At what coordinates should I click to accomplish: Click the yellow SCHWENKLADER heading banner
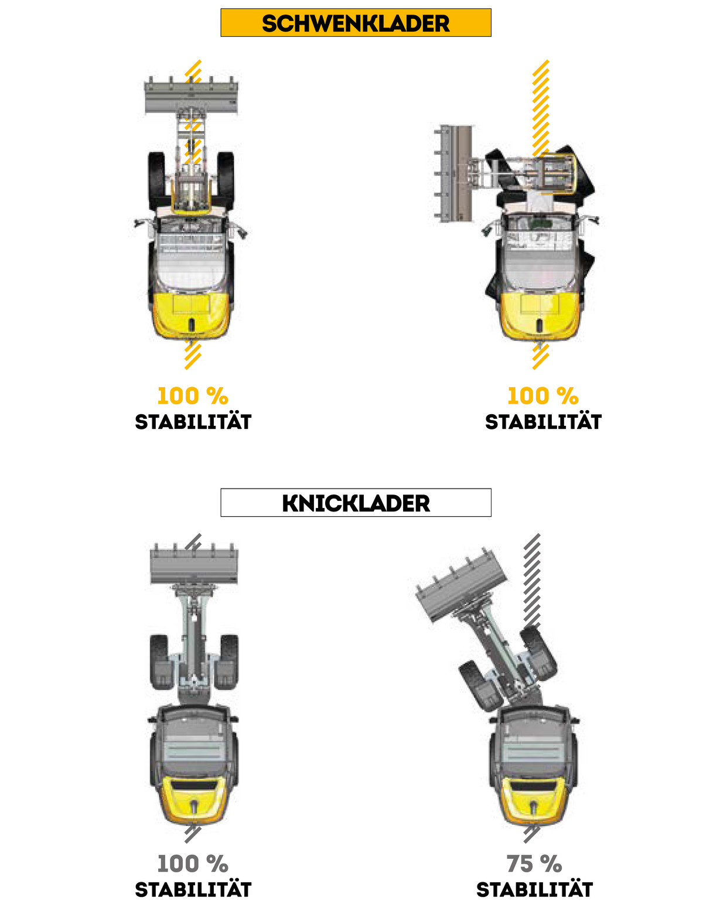[356, 23]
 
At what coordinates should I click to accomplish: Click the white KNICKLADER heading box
[356, 502]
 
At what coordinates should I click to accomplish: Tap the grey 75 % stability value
[534, 864]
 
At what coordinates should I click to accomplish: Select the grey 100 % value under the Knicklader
[192, 864]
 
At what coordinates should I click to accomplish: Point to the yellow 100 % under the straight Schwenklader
[192, 396]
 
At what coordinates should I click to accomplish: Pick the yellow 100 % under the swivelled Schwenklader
[542, 396]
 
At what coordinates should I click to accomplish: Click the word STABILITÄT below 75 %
[534, 889]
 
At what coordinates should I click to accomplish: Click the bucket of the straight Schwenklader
[191, 96]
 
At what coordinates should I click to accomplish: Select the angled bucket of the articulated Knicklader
[461, 586]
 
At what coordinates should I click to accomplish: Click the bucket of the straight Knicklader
[194, 564]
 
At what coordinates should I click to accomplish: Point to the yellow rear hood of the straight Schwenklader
[191, 315]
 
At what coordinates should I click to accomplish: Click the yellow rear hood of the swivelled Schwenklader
[540, 315]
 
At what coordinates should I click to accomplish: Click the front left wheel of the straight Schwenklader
[156, 181]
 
